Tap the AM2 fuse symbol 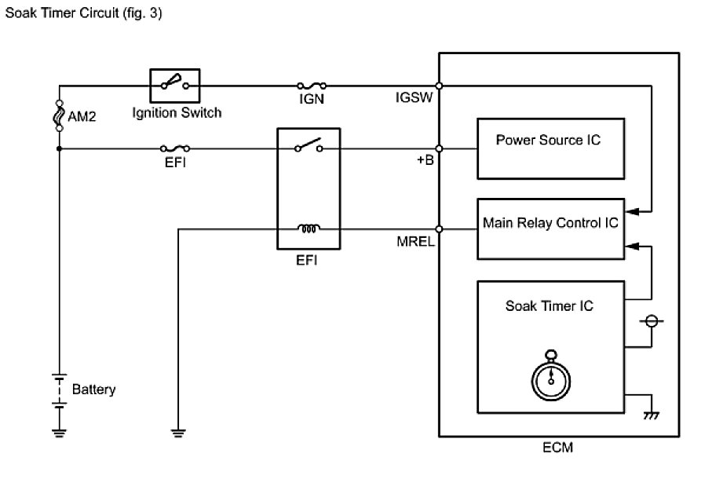tap(59, 117)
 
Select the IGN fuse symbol tap(308, 85)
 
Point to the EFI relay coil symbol tap(308, 229)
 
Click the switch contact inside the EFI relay tap(308, 146)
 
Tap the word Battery tap(93, 389)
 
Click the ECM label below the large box tap(557, 448)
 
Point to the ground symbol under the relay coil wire tap(179, 430)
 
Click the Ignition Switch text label tap(177, 112)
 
